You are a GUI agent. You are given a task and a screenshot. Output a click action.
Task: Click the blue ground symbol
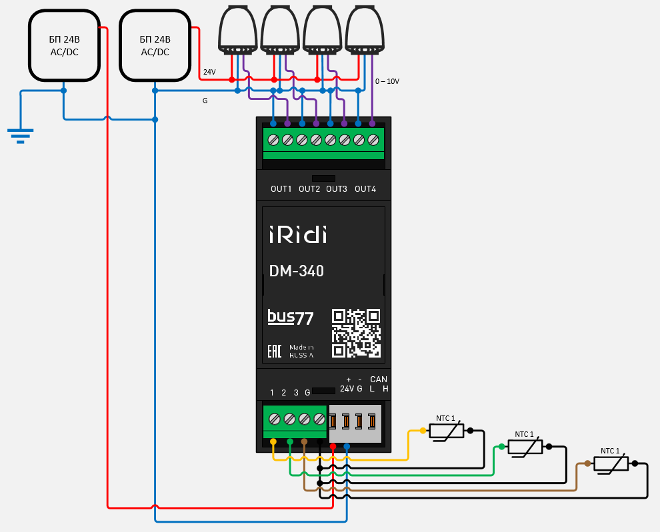pos(21,135)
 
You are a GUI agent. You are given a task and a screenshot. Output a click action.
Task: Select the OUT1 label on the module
pos(281,189)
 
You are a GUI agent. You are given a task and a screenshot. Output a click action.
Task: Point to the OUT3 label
pos(337,189)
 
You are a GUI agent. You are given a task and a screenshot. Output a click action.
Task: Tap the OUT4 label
pos(365,189)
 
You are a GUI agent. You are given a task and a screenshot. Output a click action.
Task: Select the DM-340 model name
pos(297,271)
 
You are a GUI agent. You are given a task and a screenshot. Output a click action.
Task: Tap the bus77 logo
pos(290,317)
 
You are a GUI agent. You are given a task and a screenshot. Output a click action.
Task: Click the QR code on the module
pos(356,332)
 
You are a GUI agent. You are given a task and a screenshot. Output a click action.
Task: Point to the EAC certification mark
pos(275,351)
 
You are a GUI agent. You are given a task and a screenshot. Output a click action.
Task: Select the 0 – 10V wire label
pos(387,81)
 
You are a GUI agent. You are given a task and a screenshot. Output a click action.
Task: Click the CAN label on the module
pos(379,380)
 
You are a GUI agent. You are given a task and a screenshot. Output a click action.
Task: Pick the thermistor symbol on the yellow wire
pos(446,431)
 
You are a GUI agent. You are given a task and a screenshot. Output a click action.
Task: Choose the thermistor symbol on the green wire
pos(525,447)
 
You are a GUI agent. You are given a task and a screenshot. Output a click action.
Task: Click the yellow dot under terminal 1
pos(273,441)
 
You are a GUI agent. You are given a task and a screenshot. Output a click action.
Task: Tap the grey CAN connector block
pos(355,423)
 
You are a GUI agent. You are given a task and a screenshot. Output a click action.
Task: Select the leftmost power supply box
pos(63,46)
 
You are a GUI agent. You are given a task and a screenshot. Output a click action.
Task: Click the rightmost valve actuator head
pos(365,28)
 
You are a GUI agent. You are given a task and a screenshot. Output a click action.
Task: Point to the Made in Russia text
pos(301,352)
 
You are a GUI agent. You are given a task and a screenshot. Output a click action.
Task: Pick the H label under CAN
pos(385,389)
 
